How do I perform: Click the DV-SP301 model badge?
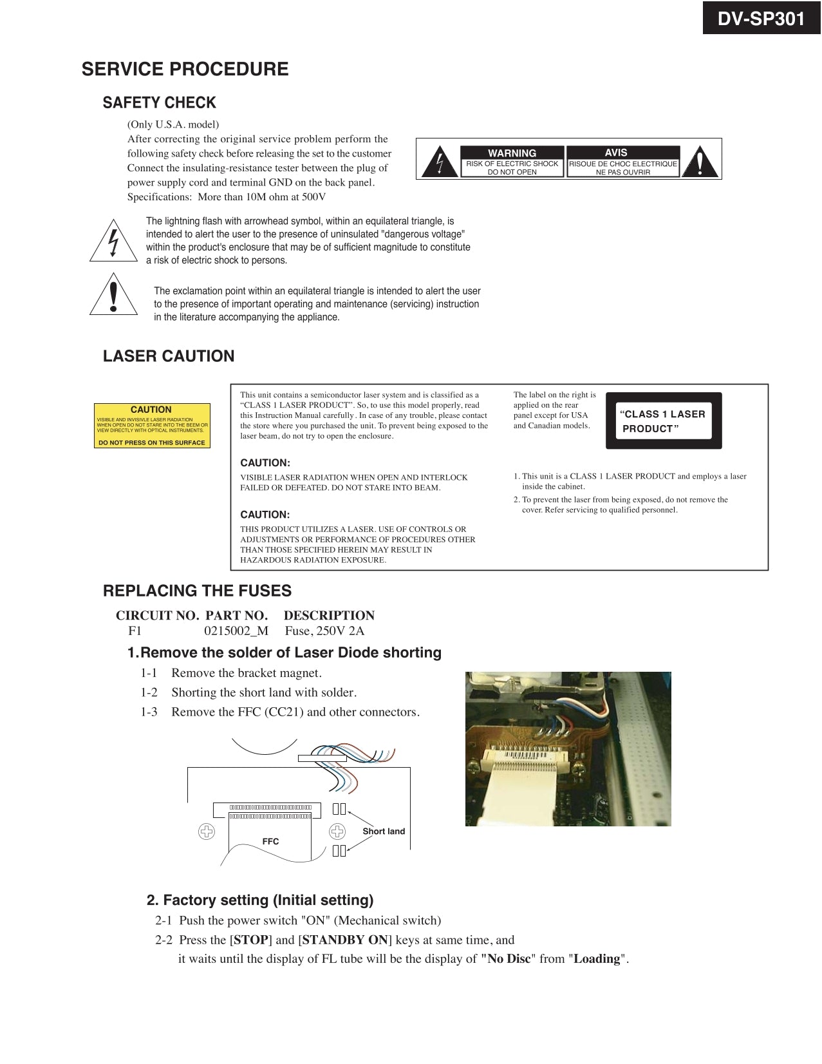(761, 19)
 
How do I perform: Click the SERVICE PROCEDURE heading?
(185, 69)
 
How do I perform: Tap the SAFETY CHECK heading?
(159, 102)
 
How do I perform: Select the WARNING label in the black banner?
(512, 153)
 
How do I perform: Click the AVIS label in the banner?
(615, 152)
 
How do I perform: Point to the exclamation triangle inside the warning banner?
(698, 162)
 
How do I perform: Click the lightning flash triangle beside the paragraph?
(114, 243)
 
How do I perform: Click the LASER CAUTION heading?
(169, 356)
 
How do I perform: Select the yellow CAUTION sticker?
(152, 426)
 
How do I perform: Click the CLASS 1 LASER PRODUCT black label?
(664, 421)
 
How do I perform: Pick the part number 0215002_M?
(236, 631)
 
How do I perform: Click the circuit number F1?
(135, 631)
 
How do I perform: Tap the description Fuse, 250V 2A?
(324, 631)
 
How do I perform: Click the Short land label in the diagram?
(384, 831)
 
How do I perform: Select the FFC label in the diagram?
(270, 841)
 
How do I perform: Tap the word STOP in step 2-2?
(251, 940)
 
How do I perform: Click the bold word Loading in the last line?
(597, 959)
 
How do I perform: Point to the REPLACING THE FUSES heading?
(197, 591)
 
